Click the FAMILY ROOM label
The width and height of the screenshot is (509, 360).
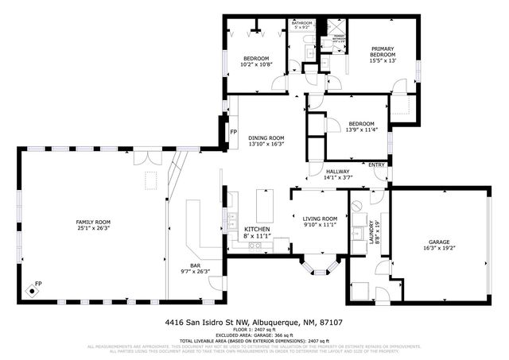click(x=92, y=222)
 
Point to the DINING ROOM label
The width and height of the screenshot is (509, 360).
click(x=266, y=137)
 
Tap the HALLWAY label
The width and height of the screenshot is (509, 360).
click(x=339, y=171)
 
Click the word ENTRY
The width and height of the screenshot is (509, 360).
click(x=376, y=165)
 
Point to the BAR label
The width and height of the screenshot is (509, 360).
click(x=194, y=265)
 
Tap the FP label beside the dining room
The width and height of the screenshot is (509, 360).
click(x=233, y=132)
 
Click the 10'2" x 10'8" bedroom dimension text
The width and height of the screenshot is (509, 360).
click(x=256, y=65)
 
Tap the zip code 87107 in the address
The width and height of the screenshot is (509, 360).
click(x=335, y=323)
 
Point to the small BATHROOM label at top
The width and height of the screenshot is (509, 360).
click(x=301, y=23)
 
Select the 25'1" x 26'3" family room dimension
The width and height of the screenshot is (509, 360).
click(x=92, y=228)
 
